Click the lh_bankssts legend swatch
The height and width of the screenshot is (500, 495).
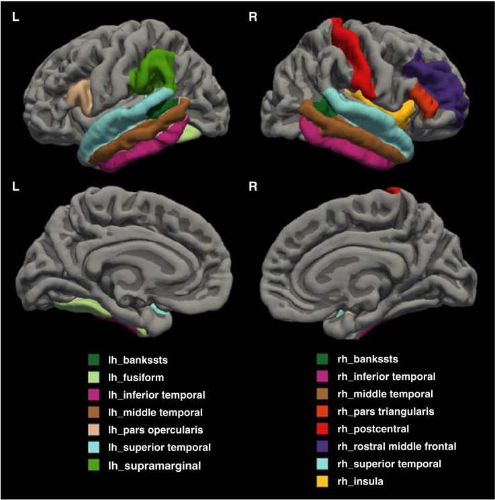(x=93, y=360)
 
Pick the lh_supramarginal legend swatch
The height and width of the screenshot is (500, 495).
(x=93, y=464)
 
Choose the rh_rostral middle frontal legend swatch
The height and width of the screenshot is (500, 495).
(x=323, y=446)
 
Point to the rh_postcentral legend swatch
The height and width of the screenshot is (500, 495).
(x=323, y=429)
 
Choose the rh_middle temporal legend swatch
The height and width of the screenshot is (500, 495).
(x=323, y=395)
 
